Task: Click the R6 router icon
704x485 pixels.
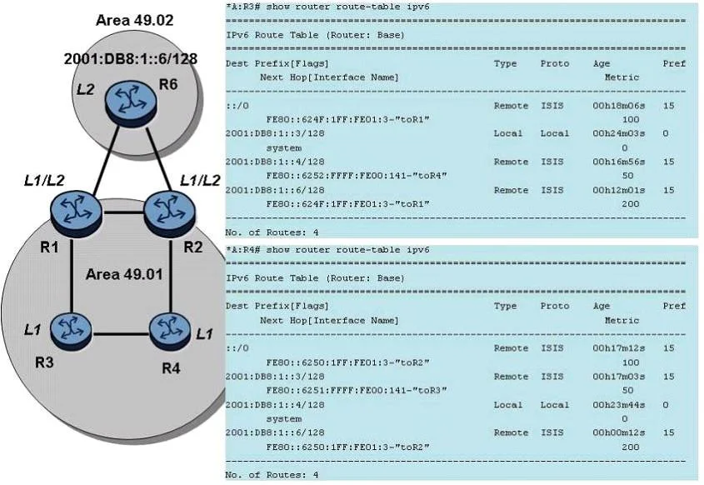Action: point(131,102)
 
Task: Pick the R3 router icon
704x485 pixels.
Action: point(71,332)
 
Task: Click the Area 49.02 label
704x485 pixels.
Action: point(135,20)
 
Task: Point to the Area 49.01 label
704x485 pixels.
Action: point(124,274)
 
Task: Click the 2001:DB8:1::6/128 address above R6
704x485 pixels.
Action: point(131,58)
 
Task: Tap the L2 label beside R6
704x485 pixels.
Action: point(85,89)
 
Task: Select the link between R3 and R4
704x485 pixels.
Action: point(120,334)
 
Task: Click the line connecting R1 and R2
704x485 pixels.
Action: point(123,212)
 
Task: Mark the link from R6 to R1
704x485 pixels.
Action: point(107,160)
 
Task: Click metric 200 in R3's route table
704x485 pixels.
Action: point(631,204)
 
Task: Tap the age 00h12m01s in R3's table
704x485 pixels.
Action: point(619,190)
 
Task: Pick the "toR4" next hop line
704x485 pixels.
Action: point(357,176)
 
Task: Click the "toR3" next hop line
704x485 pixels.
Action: point(357,390)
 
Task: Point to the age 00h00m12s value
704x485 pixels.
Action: point(619,432)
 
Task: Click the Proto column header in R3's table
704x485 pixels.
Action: point(555,63)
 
